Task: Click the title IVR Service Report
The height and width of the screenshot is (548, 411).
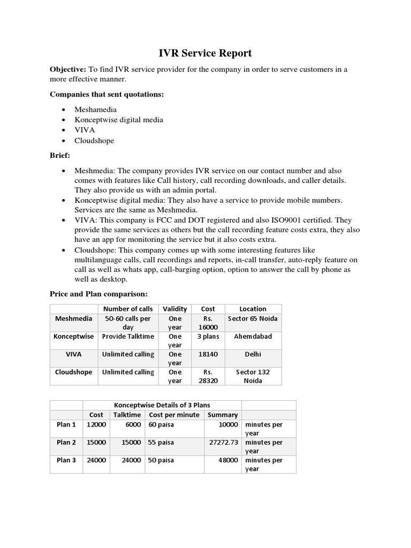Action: [205, 53]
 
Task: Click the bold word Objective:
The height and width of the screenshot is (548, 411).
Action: [68, 70]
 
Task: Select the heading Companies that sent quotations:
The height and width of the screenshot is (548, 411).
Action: [106, 94]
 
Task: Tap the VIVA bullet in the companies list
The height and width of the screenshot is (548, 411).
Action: [83, 130]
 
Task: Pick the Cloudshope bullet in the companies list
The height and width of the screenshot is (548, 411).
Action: [94, 141]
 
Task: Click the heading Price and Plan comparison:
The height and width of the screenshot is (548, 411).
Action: [98, 294]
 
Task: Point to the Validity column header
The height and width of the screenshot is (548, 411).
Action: [175, 309]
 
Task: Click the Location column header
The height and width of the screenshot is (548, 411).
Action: [253, 309]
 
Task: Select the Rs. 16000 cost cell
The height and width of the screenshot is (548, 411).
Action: [208, 323]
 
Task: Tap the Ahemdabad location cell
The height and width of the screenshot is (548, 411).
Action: [253, 337]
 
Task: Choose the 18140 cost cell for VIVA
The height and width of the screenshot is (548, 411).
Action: [208, 354]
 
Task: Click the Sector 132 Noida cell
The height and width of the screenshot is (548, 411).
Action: [253, 376]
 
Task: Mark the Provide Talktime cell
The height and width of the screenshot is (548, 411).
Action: [128, 337]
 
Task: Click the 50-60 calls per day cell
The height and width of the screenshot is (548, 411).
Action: [128, 323]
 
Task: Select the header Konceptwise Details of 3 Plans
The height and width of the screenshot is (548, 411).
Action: [162, 405]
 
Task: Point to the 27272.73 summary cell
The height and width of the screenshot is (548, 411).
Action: [223, 443]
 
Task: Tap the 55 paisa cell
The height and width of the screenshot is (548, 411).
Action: [161, 443]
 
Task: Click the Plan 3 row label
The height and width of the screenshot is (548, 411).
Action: [66, 460]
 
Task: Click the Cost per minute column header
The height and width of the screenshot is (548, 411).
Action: [174, 415]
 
